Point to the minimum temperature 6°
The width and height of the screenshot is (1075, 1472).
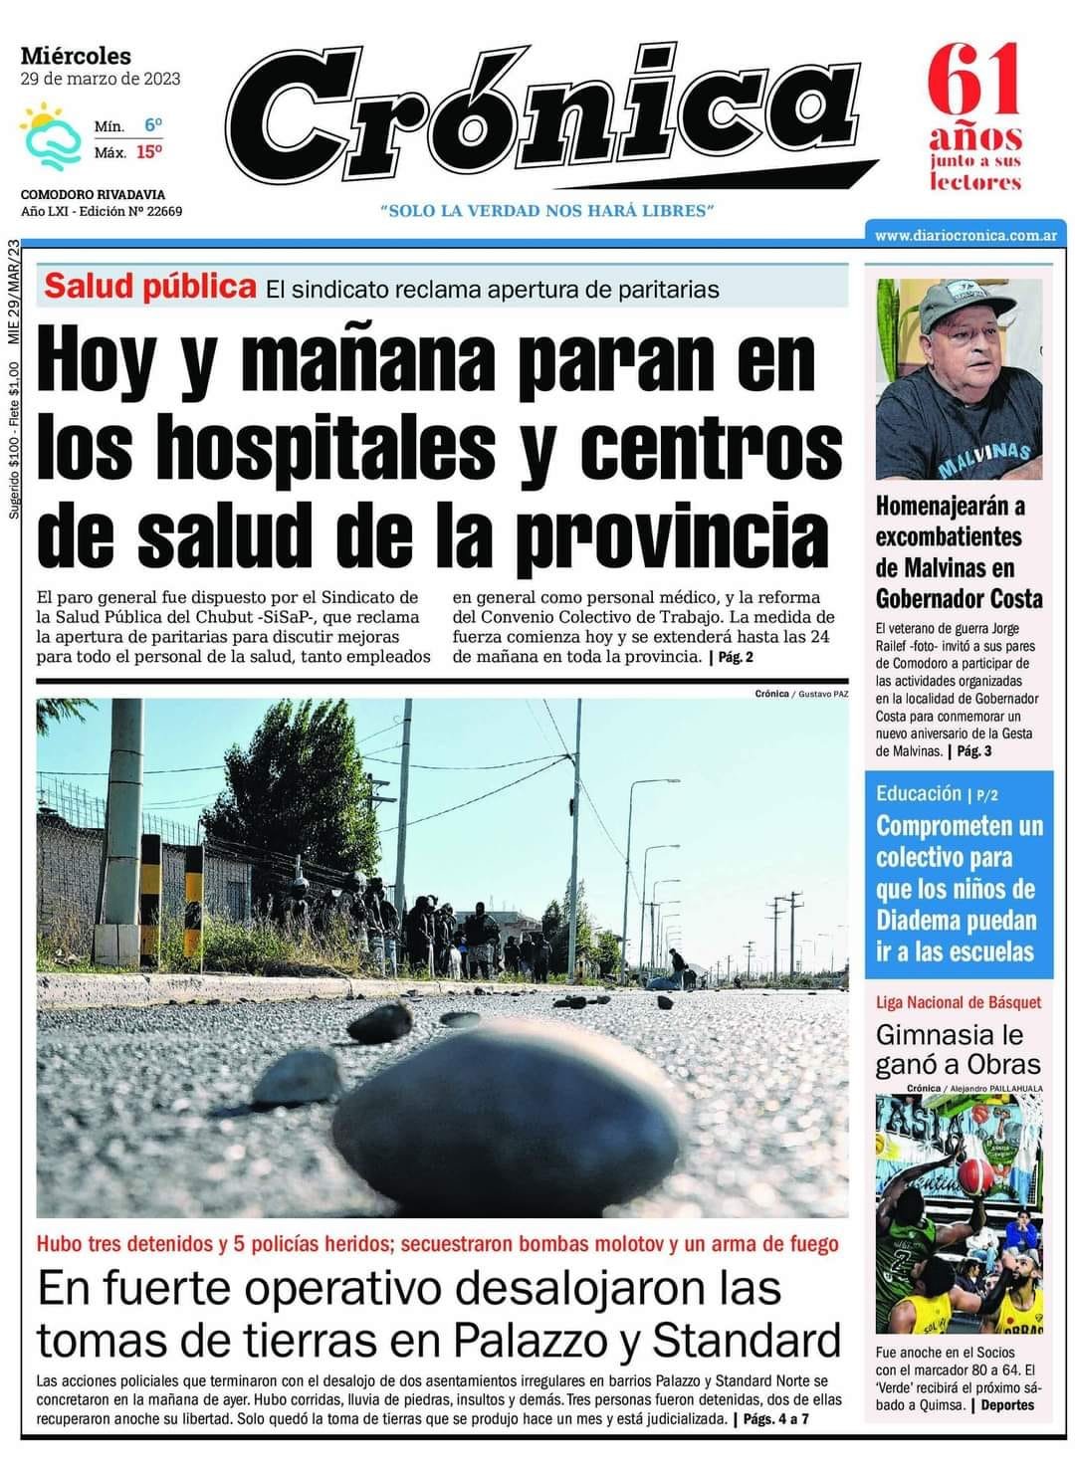click(152, 126)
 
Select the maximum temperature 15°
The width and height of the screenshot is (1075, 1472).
click(149, 152)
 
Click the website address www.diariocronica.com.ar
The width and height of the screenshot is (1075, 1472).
click(965, 236)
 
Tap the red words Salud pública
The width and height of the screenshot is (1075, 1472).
click(150, 287)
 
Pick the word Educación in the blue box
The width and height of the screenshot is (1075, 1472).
click(918, 793)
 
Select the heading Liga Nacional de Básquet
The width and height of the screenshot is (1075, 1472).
click(958, 1001)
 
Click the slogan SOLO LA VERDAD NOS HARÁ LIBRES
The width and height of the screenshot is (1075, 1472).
click(547, 211)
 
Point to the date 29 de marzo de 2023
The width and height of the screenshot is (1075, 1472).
click(101, 79)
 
